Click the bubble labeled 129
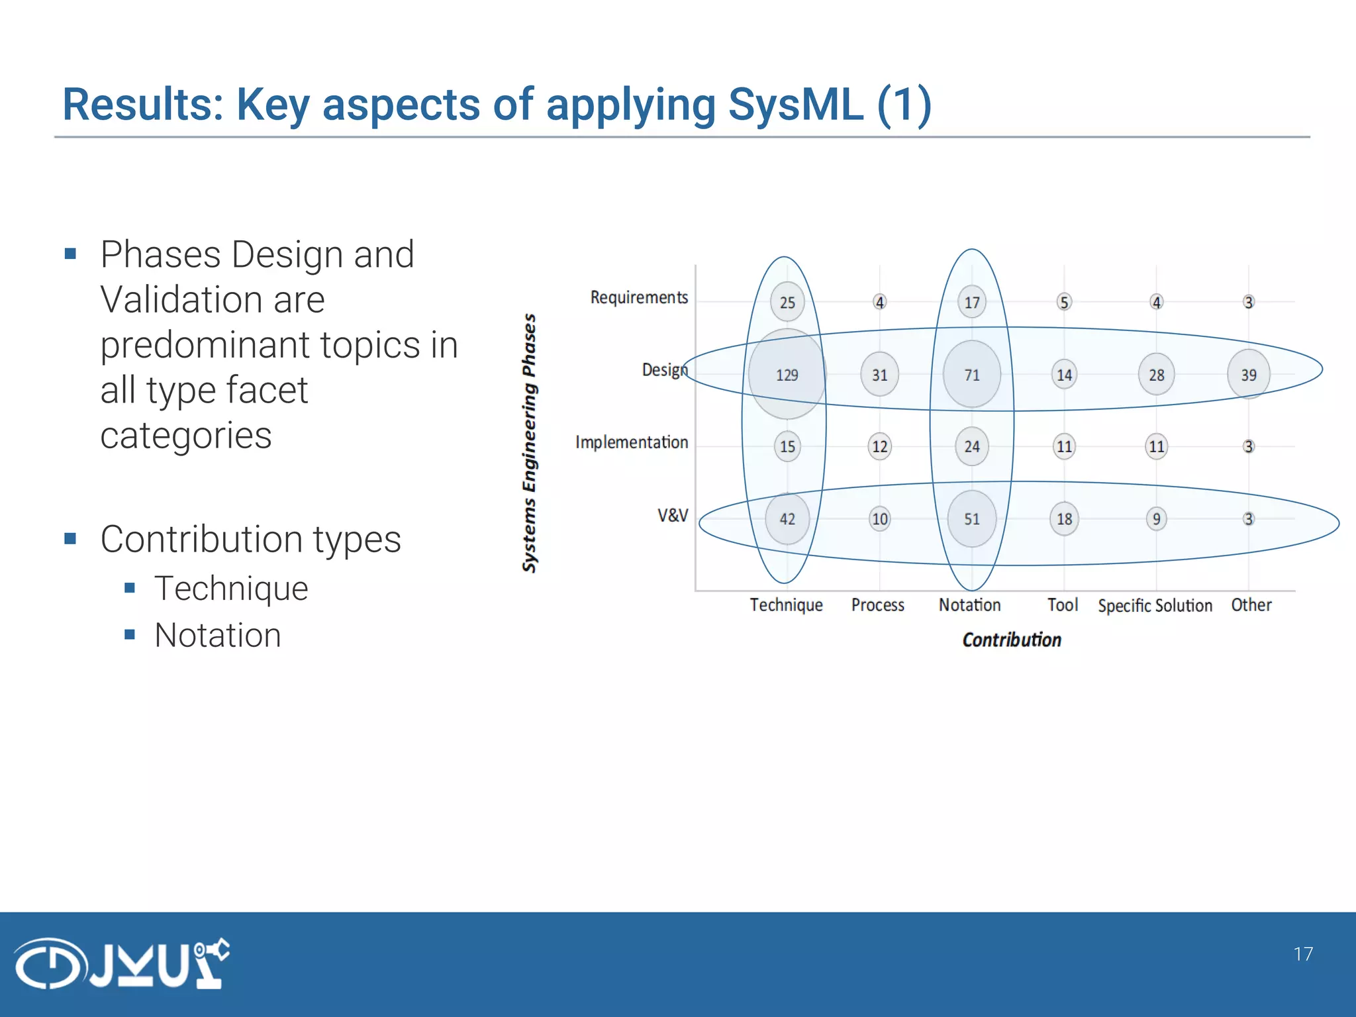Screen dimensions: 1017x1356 pyautogui.click(x=787, y=375)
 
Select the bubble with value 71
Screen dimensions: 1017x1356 pyautogui.click(x=971, y=375)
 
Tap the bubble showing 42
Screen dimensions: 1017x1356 pyautogui.click(x=787, y=519)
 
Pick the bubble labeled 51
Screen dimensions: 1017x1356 pyautogui.click(x=971, y=519)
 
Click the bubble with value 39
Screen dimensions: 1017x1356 pyautogui.click(x=1248, y=375)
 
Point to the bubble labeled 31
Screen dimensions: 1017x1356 pyautogui.click(x=879, y=375)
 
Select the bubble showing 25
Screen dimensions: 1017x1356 pyautogui.click(x=787, y=303)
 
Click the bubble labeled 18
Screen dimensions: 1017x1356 pyautogui.click(x=1064, y=519)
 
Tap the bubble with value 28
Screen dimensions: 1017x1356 pyautogui.click(x=1156, y=375)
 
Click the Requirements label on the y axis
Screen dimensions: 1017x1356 pyautogui.click(x=639, y=297)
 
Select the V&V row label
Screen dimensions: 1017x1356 pyautogui.click(x=672, y=515)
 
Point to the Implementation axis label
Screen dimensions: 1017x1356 pyautogui.click(x=631, y=442)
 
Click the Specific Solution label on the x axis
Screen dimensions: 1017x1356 pyautogui.click(x=1155, y=605)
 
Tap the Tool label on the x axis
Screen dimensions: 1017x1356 pyautogui.click(x=1062, y=605)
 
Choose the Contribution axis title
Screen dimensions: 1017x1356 pyautogui.click(x=1011, y=640)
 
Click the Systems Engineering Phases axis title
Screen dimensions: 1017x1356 pyautogui.click(x=529, y=442)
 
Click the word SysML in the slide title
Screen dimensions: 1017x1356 pyautogui.click(x=795, y=105)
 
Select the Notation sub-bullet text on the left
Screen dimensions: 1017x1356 pyautogui.click(x=218, y=635)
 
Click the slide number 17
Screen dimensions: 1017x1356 pyautogui.click(x=1302, y=954)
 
